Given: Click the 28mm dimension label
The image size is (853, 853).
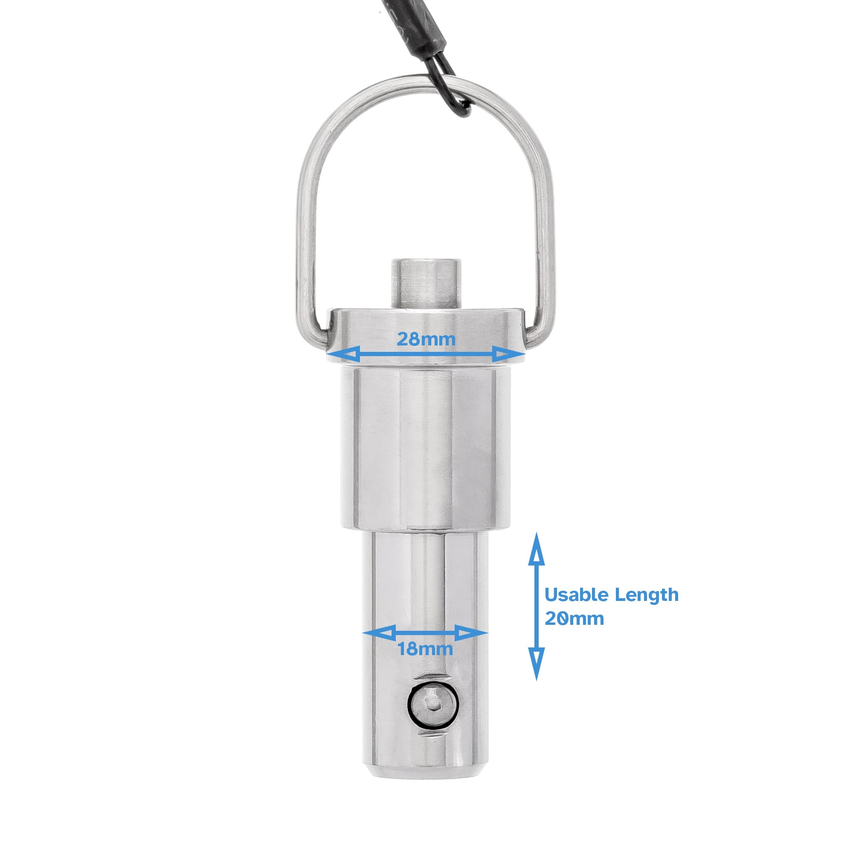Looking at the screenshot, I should coord(426,339).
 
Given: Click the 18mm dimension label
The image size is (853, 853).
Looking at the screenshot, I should coord(425,649).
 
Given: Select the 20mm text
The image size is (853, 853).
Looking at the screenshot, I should coord(574,618).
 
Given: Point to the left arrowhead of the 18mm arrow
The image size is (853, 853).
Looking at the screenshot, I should coord(377,632).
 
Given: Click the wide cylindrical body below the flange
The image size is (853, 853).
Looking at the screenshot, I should coord(425,446).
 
